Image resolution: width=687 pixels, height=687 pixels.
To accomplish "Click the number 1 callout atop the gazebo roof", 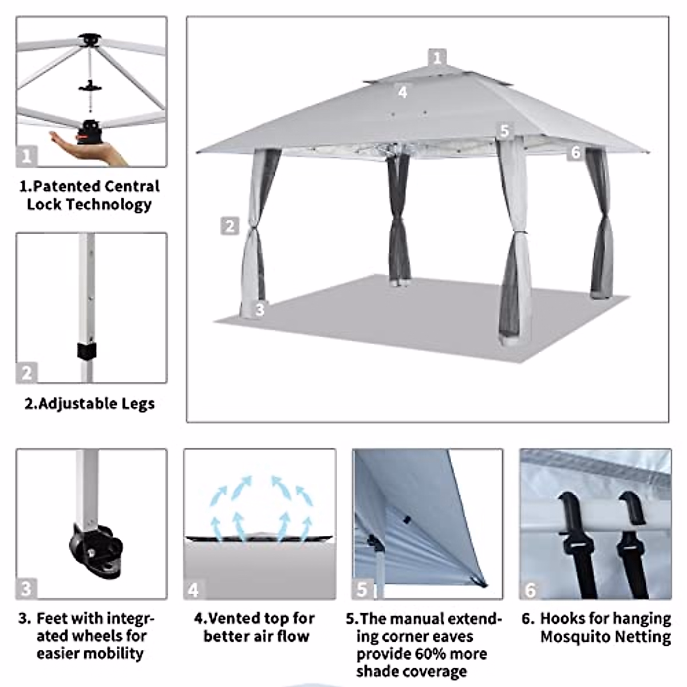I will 437,57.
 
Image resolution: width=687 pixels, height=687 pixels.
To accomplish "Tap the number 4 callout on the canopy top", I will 402,92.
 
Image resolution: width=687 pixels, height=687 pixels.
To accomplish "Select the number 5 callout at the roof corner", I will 504,131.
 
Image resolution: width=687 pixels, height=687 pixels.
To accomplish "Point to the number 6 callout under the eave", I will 575,152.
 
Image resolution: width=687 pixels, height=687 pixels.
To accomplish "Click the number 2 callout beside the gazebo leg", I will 230,226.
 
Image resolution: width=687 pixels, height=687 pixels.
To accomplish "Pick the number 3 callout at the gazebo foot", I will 259,310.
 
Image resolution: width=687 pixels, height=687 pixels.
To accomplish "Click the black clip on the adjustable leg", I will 86,350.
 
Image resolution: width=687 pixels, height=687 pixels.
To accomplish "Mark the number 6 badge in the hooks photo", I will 531,590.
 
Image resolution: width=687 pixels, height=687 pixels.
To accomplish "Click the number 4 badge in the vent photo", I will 194,590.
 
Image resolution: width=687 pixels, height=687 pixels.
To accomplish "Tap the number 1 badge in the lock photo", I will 26,156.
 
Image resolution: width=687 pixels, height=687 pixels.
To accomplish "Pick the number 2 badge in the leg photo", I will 26,373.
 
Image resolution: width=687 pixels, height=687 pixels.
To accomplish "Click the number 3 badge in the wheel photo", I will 26,589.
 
